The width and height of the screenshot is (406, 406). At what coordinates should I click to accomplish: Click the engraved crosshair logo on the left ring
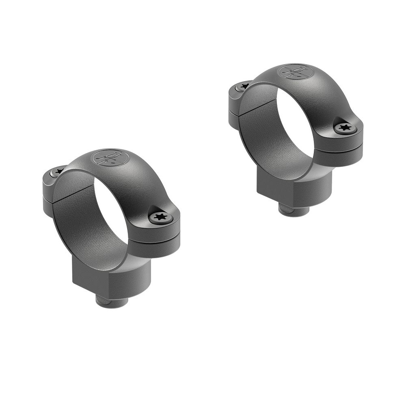point(106,158)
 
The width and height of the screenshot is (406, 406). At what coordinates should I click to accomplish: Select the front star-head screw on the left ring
point(160,218)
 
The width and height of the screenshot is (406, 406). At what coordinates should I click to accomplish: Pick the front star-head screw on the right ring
point(345,128)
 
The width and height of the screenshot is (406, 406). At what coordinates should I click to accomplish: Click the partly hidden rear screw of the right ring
point(244,86)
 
